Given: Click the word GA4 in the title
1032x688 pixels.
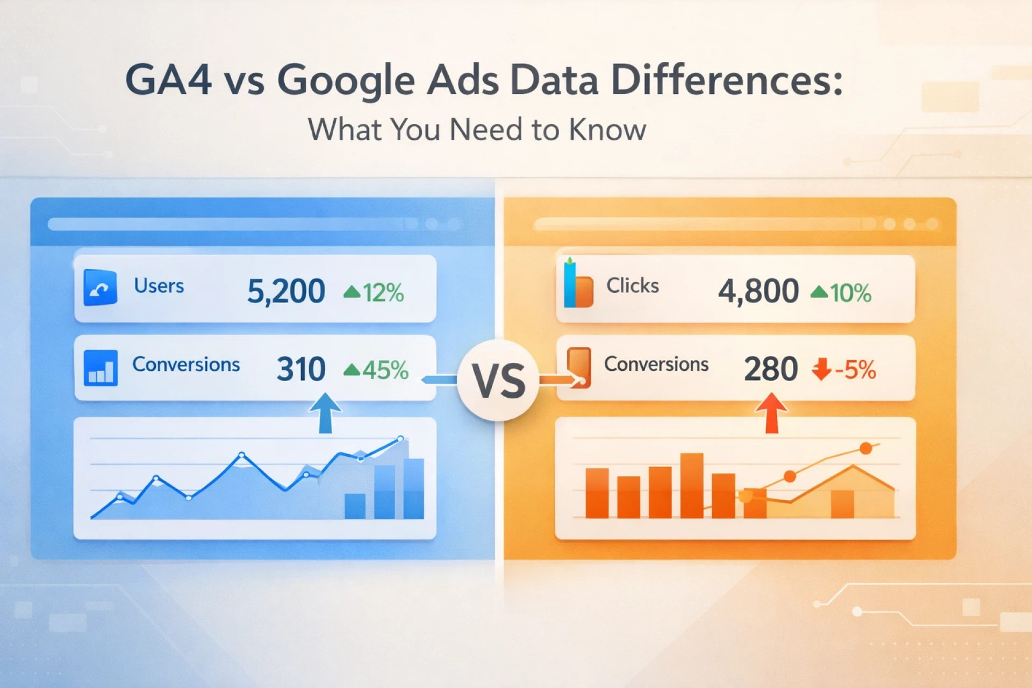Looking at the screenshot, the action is [x=168, y=80].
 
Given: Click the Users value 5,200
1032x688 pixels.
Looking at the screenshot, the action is [x=286, y=291].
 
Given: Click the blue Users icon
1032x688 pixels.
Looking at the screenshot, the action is [x=101, y=288].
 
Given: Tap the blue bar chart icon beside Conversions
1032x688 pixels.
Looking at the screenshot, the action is [x=101, y=368].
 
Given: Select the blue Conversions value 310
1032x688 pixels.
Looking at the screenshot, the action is [x=301, y=369].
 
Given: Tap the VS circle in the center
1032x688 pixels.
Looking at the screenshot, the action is [x=498, y=380].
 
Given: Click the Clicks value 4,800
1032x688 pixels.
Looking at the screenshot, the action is [x=758, y=291].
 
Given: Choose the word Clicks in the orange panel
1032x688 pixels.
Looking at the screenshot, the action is [x=633, y=285].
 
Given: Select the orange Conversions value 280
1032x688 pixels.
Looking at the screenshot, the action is [x=771, y=369].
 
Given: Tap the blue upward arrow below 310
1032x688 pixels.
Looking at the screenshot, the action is [x=325, y=413].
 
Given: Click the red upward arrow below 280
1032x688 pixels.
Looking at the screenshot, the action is [x=772, y=413].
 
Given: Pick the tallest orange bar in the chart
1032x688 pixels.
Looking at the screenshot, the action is [x=692, y=485].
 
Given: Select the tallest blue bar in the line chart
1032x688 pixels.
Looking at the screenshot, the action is [x=413, y=489].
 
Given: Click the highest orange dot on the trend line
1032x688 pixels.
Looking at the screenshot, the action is [x=865, y=448].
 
